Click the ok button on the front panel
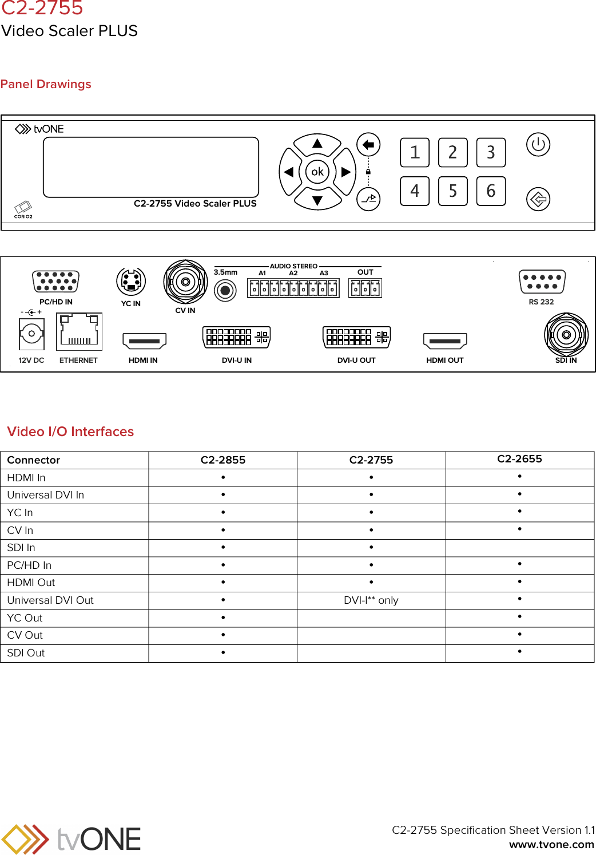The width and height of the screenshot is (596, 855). [x=317, y=172]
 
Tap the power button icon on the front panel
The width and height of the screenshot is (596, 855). [x=538, y=144]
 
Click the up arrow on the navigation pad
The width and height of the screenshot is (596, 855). [x=317, y=144]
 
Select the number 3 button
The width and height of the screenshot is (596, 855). [x=491, y=152]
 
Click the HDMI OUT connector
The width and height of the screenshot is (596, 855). [x=445, y=341]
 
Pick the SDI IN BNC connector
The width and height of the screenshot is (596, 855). [x=566, y=335]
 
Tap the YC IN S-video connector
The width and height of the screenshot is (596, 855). [x=131, y=282]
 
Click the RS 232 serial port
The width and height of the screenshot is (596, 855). [x=542, y=282]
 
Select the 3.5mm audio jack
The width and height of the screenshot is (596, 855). [x=225, y=291]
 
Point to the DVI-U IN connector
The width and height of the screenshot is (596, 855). [x=236, y=337]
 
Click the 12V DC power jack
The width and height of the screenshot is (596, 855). [x=31, y=334]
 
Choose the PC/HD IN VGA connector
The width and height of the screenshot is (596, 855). [x=56, y=282]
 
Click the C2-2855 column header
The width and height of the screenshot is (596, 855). [x=222, y=460]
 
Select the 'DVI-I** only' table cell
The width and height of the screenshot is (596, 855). [x=371, y=600]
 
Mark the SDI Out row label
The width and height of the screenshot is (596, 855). [x=26, y=653]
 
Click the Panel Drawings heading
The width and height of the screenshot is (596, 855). [x=46, y=84]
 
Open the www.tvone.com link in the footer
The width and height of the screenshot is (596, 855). [x=551, y=844]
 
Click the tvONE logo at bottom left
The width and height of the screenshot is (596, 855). [x=71, y=839]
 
